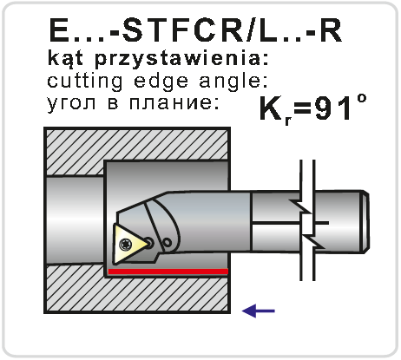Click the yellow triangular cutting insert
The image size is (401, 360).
(128, 245)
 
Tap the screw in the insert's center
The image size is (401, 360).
(126, 245)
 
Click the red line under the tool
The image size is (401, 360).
(168, 272)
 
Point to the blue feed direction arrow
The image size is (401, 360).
(259, 311)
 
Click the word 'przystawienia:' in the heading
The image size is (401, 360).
(182, 59)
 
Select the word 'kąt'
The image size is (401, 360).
(66, 58)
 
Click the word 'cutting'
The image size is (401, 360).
(85, 82)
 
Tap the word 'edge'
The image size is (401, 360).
(161, 82)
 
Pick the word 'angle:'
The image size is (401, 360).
(233, 82)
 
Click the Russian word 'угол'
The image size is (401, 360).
(71, 103)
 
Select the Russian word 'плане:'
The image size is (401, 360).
(174, 103)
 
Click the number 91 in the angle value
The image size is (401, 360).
(332, 108)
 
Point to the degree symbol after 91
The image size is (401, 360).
(361, 99)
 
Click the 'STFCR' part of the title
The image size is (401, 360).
(182, 30)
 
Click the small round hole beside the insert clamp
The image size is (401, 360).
(168, 242)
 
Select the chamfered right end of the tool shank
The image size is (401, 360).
(366, 222)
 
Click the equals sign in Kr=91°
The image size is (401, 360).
(302, 110)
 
